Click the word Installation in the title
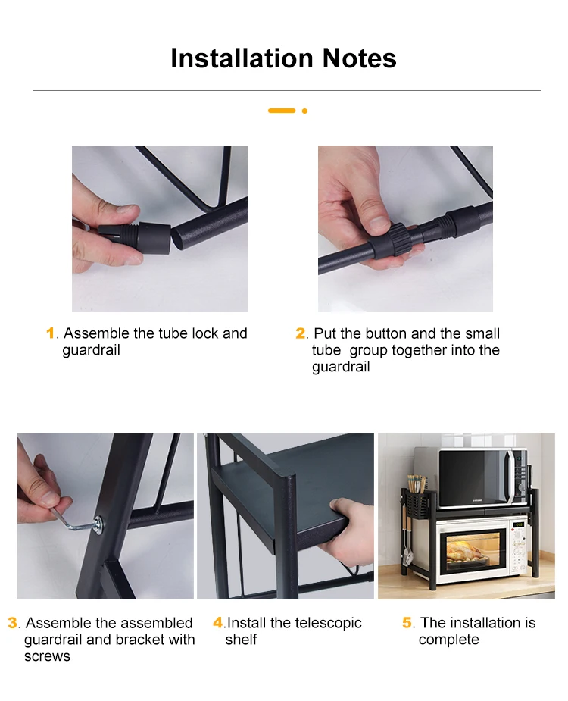point(242,58)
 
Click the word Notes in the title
point(359,58)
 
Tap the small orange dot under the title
point(304,111)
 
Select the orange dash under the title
point(282,111)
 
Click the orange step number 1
point(51,333)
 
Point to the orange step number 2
point(301,333)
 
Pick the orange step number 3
point(13,623)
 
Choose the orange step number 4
point(218,623)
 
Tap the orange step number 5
point(407,623)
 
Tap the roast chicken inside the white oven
point(466,553)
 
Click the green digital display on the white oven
point(519,524)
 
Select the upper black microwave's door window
point(472,477)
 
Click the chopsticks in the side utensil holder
point(416,484)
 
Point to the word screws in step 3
point(48,657)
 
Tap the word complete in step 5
point(448,640)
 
